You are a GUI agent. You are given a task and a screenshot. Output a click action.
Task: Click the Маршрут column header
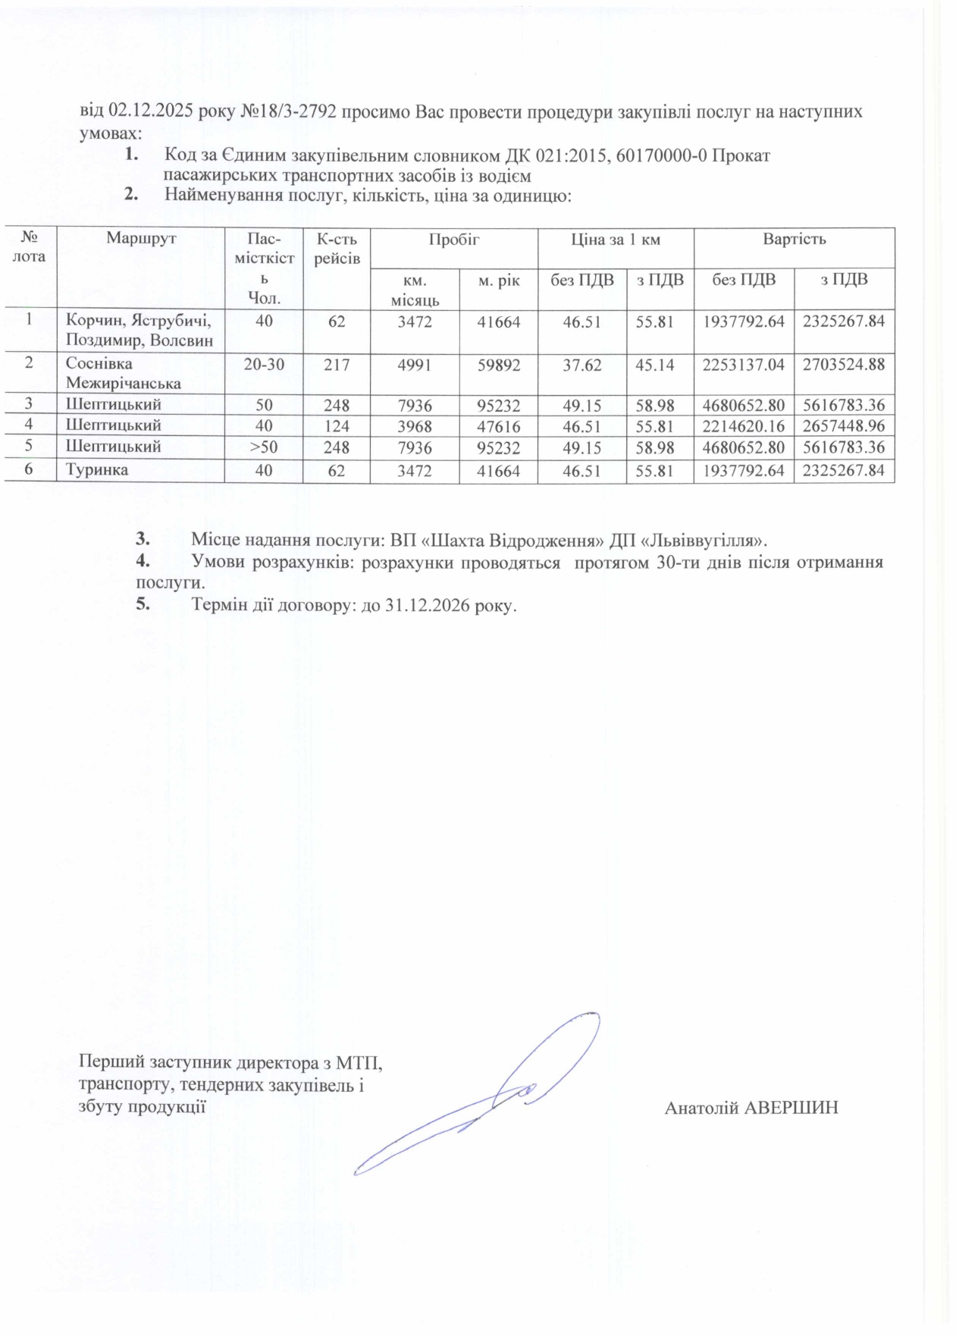point(141,239)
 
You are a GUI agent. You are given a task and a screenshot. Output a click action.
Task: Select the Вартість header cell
point(794,240)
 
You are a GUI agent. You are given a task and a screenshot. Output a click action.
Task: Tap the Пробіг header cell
point(453,240)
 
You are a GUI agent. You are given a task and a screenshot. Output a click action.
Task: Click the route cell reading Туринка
point(97,470)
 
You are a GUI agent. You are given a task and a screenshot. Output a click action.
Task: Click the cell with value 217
point(337,365)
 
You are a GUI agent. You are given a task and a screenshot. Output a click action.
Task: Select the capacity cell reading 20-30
point(264,365)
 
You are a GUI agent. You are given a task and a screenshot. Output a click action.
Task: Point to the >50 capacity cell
point(264,447)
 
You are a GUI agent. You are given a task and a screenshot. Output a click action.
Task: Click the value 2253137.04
point(743,365)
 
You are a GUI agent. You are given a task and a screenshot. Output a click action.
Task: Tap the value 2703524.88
point(844,365)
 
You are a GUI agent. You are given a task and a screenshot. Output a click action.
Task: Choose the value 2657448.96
point(844,426)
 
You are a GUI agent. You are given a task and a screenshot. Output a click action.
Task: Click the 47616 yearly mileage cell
point(498,426)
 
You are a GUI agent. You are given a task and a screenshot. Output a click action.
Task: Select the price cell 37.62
point(581,365)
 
